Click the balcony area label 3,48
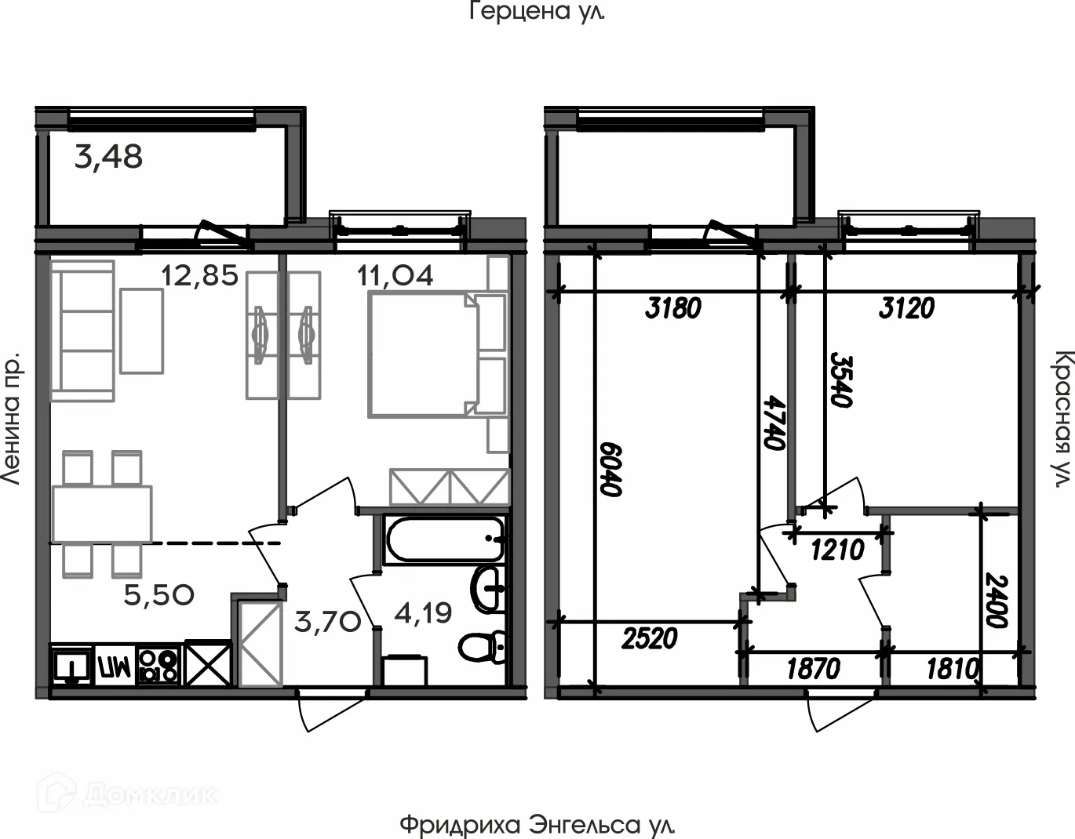[x=108, y=158]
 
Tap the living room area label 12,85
[x=199, y=276]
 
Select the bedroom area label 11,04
[x=395, y=276]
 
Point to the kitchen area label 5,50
[x=159, y=595]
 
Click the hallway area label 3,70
[x=327, y=623]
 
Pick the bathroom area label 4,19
[x=423, y=613]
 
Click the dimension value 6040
[x=611, y=468]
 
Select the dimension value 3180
[x=672, y=308]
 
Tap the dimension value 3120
[x=906, y=308]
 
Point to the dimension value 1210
[x=837, y=550]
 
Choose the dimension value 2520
[x=649, y=638]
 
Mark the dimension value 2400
[x=996, y=600]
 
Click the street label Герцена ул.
[x=537, y=12]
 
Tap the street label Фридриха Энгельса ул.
[x=537, y=825]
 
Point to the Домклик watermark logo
[x=129, y=794]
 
